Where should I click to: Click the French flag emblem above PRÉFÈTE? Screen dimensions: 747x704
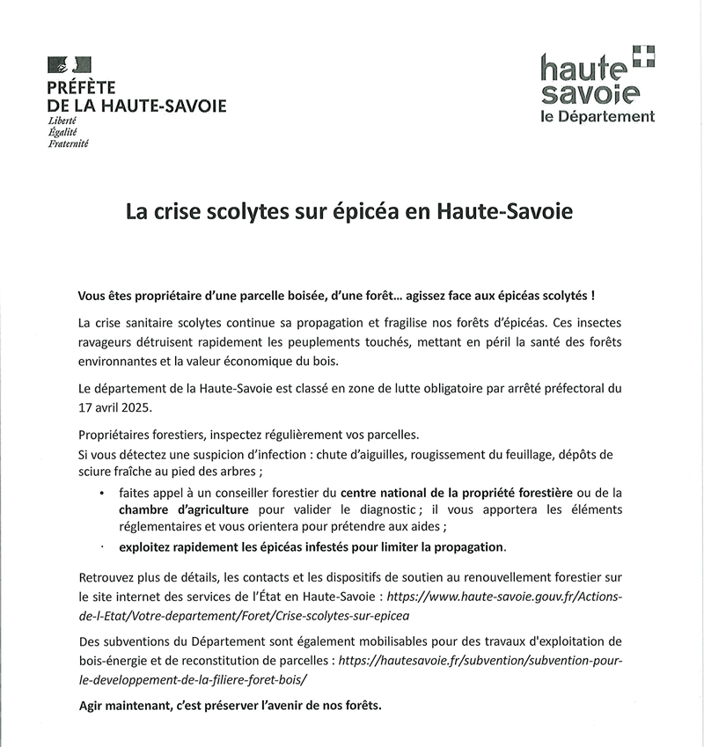click(x=70, y=65)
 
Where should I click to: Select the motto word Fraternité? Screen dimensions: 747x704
click(x=69, y=142)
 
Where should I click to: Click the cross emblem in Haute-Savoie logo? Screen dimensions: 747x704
click(x=645, y=55)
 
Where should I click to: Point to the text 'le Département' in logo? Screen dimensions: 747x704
click(x=598, y=116)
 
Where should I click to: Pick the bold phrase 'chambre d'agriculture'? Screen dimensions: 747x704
click(x=184, y=509)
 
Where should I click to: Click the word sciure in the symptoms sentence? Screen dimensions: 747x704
click(x=97, y=472)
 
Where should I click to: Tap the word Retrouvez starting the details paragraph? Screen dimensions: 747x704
click(x=108, y=577)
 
